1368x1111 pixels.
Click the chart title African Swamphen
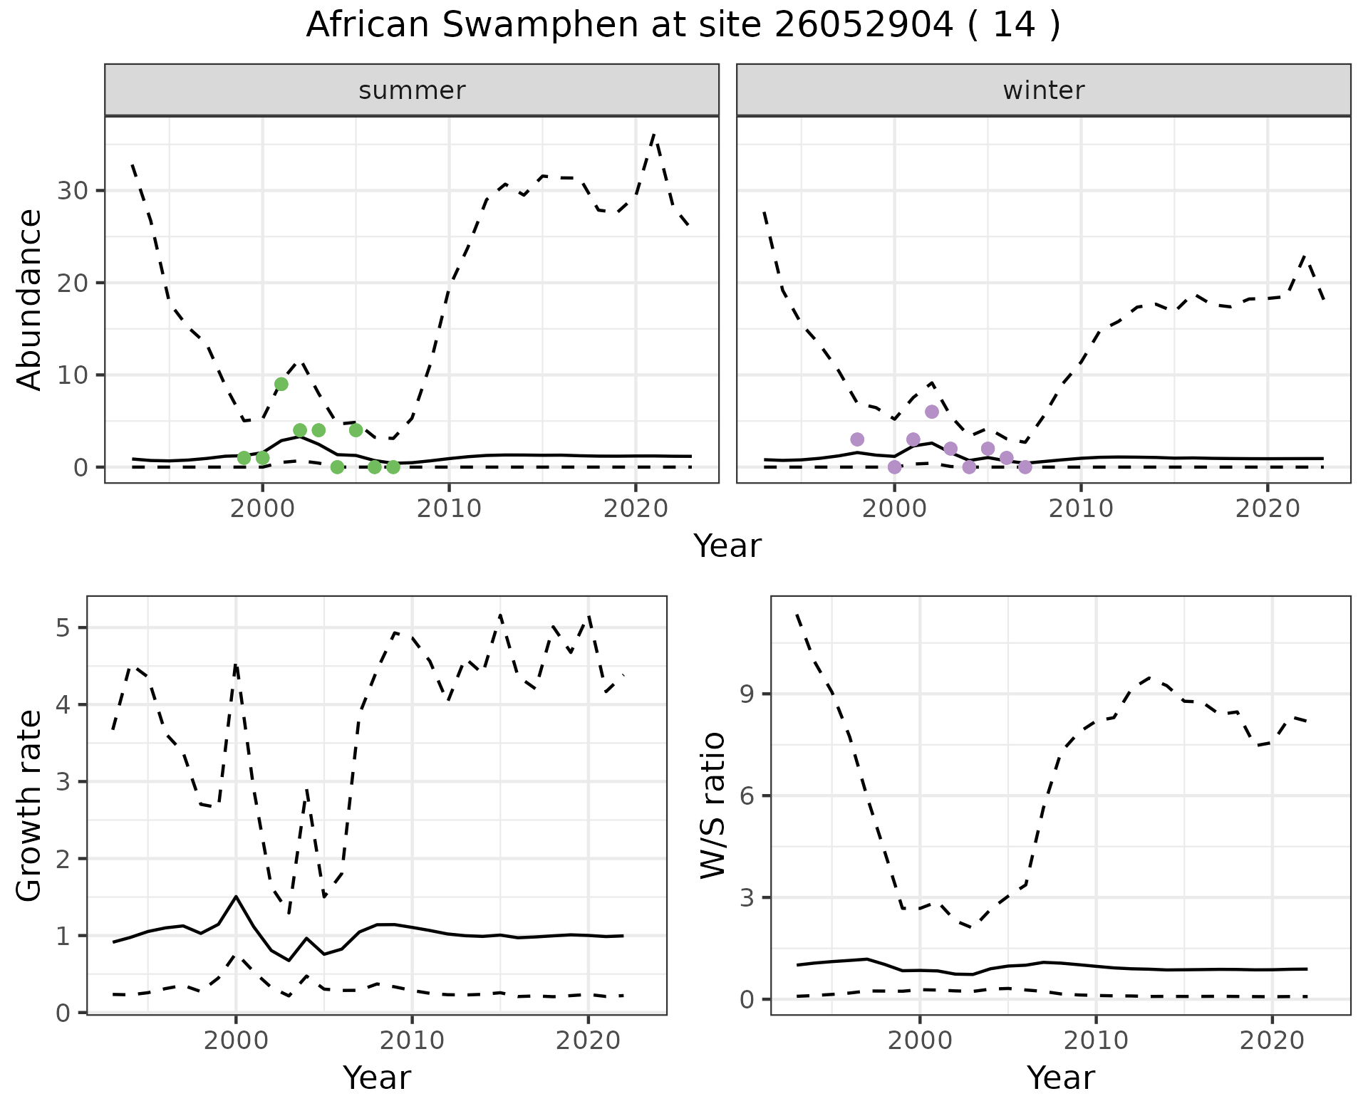point(683,26)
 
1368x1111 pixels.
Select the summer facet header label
point(412,90)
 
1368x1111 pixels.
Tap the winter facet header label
point(1043,90)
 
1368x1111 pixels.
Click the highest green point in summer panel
point(281,384)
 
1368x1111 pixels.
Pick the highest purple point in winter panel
point(932,412)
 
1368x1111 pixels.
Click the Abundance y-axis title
point(30,299)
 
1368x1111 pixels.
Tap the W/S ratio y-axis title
point(713,805)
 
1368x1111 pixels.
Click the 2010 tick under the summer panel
point(449,509)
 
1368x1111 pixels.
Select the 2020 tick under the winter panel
point(1268,509)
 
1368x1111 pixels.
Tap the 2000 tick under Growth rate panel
point(236,1040)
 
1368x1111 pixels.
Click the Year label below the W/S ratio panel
point(1060,1078)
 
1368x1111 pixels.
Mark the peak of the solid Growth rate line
point(236,897)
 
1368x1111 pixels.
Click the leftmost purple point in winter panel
point(857,439)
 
